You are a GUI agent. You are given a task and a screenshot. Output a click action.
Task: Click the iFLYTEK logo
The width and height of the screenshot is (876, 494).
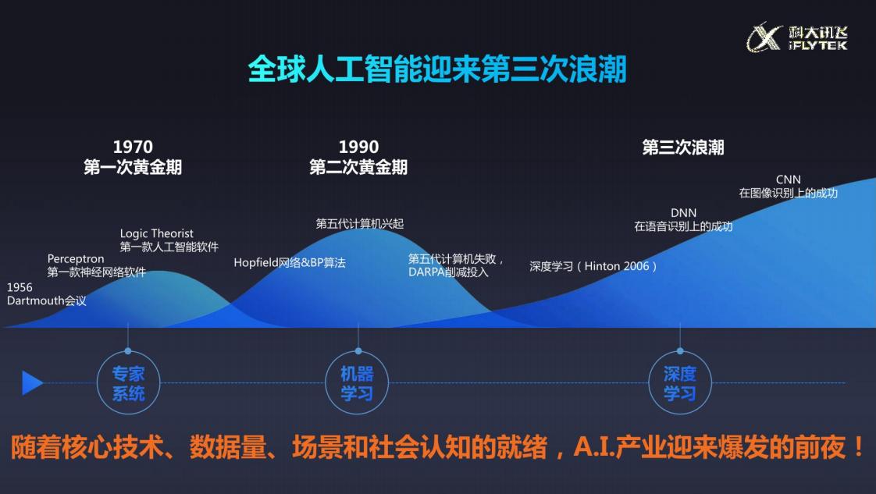click(797, 37)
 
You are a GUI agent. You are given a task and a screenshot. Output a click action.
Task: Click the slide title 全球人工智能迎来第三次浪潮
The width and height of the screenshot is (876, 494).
click(437, 69)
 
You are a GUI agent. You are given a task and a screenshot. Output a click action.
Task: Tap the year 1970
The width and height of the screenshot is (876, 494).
click(133, 147)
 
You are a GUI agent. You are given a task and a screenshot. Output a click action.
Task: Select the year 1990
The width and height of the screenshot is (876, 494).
click(358, 147)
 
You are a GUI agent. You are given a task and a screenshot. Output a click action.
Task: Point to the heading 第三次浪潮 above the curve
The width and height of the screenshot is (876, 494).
click(682, 147)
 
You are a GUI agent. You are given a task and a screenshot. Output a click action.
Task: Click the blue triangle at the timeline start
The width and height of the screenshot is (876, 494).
click(33, 382)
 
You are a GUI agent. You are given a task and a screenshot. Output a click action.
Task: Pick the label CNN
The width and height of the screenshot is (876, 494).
click(789, 179)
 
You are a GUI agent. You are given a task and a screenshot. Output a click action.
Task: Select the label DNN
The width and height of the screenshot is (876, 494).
click(683, 213)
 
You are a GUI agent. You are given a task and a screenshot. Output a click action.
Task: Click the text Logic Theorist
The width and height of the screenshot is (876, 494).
click(156, 233)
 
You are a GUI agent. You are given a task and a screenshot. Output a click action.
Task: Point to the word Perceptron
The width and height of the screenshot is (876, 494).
click(76, 259)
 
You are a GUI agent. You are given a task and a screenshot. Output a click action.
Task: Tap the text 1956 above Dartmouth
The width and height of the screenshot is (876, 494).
click(20, 287)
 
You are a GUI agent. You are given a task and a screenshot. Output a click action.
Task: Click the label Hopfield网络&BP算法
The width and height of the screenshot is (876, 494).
click(290, 262)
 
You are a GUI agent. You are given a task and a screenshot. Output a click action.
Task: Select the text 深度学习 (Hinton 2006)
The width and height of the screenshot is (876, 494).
click(593, 266)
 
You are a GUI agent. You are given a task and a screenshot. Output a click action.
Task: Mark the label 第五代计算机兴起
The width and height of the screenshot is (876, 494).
click(360, 224)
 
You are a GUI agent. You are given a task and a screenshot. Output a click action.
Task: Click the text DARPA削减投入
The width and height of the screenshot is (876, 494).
click(448, 272)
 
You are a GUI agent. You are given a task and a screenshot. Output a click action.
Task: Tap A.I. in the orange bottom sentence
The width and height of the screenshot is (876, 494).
click(594, 447)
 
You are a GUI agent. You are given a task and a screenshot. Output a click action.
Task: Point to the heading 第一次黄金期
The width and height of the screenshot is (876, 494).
click(133, 167)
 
